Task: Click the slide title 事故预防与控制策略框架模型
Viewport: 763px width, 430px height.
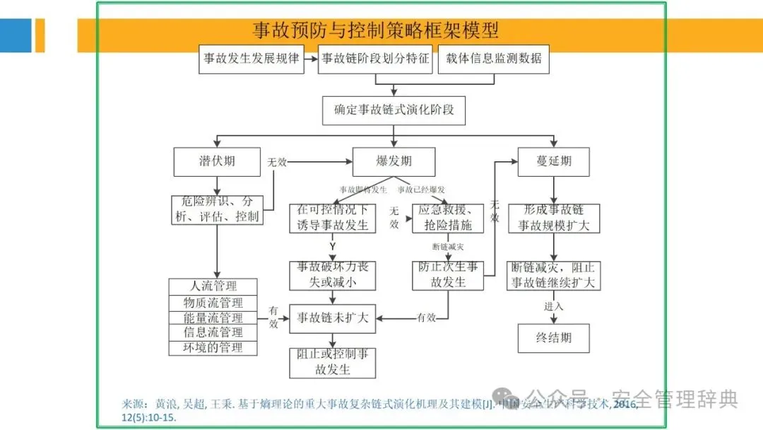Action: click(x=376, y=30)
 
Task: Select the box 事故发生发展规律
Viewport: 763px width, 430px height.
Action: click(x=251, y=59)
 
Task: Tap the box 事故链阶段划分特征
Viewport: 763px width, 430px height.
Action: click(x=374, y=59)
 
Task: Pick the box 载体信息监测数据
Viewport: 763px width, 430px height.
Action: click(x=493, y=59)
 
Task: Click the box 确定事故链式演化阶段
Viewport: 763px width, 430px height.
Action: click(x=394, y=110)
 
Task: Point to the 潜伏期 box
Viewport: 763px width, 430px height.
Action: click(x=217, y=161)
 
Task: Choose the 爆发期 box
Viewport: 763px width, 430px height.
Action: click(x=394, y=161)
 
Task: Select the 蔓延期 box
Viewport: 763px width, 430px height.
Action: click(x=554, y=161)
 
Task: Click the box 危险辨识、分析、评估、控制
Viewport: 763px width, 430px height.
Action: click(x=217, y=209)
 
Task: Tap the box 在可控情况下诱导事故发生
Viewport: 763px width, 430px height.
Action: click(x=332, y=218)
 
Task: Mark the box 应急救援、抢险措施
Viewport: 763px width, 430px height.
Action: click(x=448, y=218)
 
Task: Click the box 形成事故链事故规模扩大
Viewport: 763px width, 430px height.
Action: click(x=554, y=218)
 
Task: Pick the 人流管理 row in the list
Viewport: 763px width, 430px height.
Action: click(x=213, y=286)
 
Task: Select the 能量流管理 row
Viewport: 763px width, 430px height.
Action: click(x=213, y=318)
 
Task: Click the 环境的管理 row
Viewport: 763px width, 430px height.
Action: click(x=213, y=347)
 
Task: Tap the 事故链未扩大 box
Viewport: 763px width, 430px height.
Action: click(x=332, y=318)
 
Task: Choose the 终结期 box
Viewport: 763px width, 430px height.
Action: click(x=554, y=337)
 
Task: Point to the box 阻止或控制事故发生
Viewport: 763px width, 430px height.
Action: click(x=332, y=362)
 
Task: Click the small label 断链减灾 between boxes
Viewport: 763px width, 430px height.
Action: click(x=447, y=247)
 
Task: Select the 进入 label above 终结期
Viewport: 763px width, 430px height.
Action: click(x=554, y=306)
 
